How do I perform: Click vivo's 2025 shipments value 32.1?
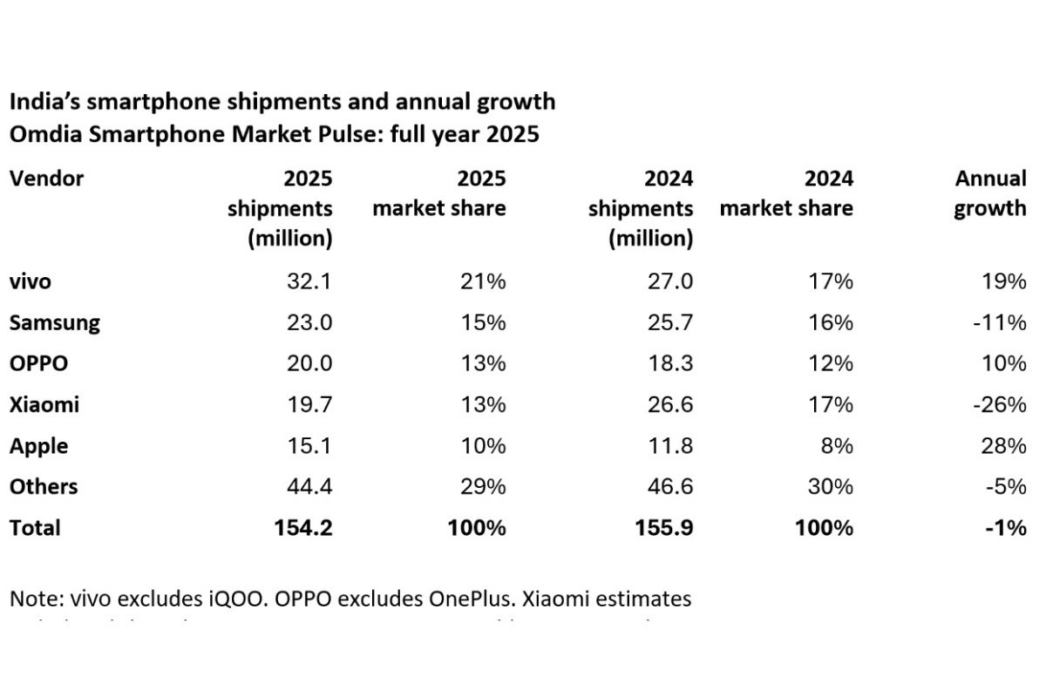point(309,281)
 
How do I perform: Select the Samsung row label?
point(54,323)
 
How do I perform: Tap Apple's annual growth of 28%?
point(1002,446)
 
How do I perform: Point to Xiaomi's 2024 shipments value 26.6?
point(670,405)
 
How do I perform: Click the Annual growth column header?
point(990,193)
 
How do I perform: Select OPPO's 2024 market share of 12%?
point(830,364)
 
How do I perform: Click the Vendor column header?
point(46,179)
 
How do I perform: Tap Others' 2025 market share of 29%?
point(482,487)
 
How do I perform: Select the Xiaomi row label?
point(44,405)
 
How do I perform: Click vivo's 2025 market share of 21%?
point(482,281)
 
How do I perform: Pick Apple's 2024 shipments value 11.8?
point(670,446)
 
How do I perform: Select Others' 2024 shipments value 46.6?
point(670,487)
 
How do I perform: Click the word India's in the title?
point(40,102)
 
